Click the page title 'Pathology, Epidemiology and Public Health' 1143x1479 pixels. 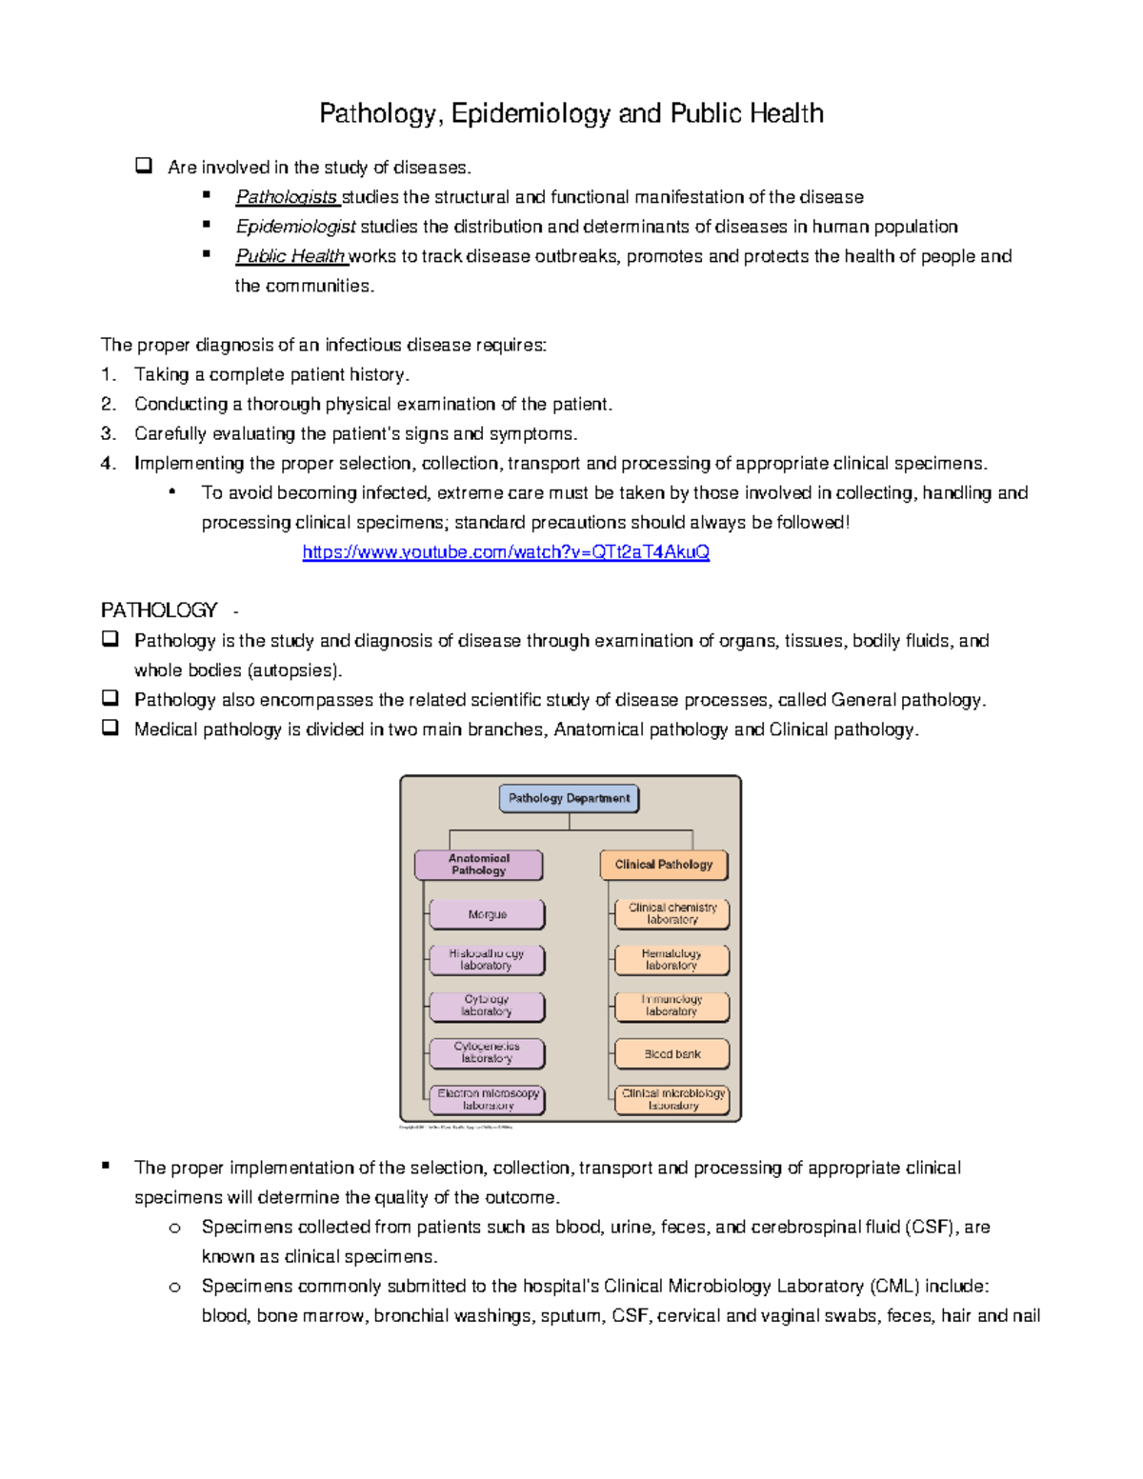[x=571, y=113]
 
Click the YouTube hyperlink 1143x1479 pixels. [x=506, y=552]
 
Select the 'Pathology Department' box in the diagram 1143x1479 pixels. [x=569, y=798]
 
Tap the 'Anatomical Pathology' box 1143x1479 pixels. [x=478, y=865]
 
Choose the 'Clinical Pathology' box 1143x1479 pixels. [x=663, y=865]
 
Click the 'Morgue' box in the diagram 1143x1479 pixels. [x=487, y=914]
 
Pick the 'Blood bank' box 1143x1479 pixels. [x=672, y=1054]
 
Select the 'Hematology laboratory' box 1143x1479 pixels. [x=672, y=960]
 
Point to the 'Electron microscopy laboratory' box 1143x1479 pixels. [x=488, y=1100]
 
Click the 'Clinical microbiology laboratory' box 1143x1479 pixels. [x=672, y=1100]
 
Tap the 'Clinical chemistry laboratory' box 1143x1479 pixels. [x=672, y=914]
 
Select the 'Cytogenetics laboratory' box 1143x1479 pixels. [x=487, y=1052]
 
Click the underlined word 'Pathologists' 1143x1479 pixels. [x=287, y=197]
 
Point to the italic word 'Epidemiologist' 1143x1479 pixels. [x=295, y=227]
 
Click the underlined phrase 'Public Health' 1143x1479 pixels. [x=291, y=256]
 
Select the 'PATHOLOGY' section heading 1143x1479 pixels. [x=159, y=610]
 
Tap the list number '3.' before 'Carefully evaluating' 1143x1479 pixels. [x=109, y=434]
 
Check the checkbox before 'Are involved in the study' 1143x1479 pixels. [x=144, y=166]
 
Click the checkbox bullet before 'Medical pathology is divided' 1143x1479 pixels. [x=110, y=728]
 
